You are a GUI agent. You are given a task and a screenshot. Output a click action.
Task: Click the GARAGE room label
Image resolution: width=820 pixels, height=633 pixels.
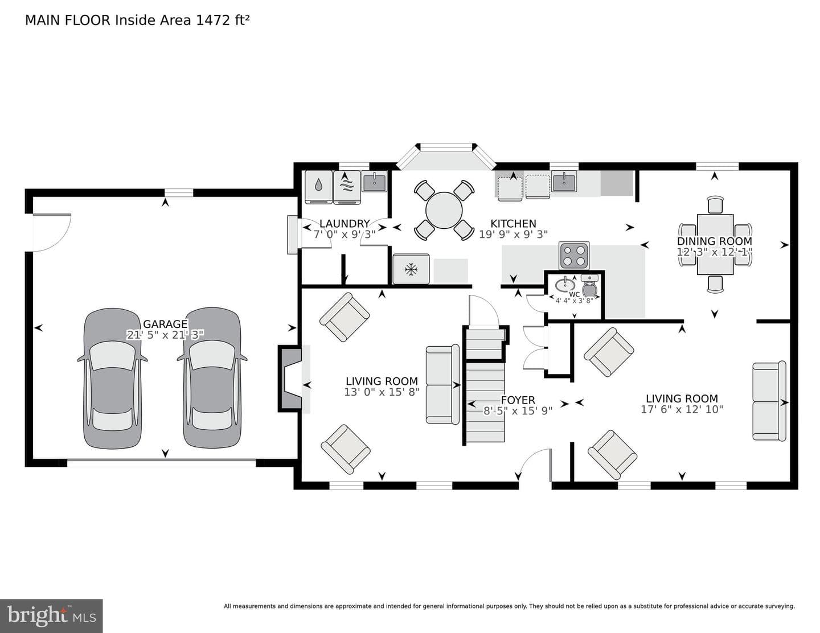(x=165, y=324)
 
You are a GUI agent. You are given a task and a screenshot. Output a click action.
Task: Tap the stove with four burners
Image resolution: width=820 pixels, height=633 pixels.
(x=573, y=255)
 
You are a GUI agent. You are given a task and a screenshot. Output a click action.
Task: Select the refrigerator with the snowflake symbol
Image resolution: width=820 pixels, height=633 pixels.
(x=411, y=269)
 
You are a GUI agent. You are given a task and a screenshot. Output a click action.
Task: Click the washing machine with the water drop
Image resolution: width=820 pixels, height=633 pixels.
(x=319, y=187)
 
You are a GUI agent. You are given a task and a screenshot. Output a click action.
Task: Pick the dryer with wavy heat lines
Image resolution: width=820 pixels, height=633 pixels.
(x=347, y=187)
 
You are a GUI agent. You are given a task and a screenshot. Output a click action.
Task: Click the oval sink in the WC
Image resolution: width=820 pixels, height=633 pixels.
(x=565, y=283)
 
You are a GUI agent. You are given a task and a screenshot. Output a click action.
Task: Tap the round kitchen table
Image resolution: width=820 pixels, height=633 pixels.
(x=444, y=210)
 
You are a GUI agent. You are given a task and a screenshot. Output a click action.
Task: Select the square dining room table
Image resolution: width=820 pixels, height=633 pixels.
(x=715, y=244)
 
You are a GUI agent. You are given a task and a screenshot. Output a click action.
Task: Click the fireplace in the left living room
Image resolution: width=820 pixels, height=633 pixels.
(x=290, y=378)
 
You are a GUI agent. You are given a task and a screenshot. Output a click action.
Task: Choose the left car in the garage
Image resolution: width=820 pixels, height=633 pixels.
(x=112, y=378)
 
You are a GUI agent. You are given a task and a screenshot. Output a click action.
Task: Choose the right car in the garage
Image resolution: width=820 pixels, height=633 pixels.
(x=212, y=378)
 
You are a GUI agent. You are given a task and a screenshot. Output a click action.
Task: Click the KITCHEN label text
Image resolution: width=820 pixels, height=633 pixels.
(x=513, y=224)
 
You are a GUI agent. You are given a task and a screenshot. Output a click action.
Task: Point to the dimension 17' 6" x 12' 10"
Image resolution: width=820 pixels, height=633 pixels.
(x=682, y=409)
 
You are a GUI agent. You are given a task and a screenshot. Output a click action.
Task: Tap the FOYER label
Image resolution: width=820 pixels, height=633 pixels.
(x=518, y=400)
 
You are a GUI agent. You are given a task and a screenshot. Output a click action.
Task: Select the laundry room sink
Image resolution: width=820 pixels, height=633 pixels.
(x=374, y=182)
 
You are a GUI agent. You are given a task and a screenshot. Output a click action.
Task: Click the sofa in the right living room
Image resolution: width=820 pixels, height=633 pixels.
(x=769, y=401)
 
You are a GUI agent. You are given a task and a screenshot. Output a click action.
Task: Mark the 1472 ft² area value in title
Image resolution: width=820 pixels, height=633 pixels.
(x=222, y=20)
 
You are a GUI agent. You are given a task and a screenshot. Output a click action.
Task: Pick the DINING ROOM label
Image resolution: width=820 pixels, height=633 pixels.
(x=714, y=241)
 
